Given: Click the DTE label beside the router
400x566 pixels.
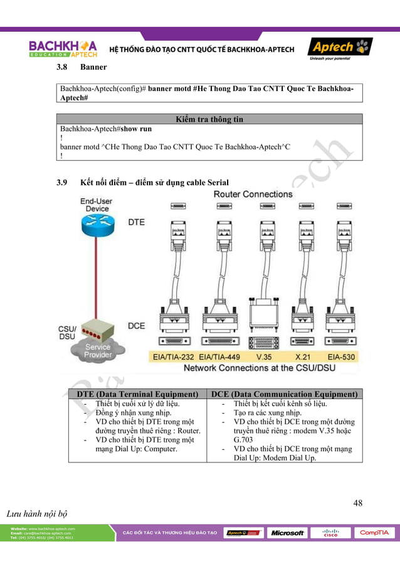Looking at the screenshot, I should click(x=137, y=222).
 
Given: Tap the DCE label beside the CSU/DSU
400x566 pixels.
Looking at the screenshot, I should click(x=137, y=326).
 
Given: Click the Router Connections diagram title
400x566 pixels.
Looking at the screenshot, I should click(x=253, y=194).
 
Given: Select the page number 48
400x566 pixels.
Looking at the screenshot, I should click(x=357, y=503).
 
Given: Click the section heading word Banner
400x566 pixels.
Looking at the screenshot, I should click(x=93, y=67).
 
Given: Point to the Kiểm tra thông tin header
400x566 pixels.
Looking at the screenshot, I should click(x=209, y=119).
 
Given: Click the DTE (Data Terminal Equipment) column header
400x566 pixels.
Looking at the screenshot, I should click(x=137, y=394).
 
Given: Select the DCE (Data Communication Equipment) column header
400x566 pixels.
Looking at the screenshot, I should click(x=285, y=394).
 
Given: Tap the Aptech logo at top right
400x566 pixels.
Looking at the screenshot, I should click(x=339, y=48).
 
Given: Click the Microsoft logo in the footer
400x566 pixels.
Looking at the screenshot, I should click(x=287, y=533).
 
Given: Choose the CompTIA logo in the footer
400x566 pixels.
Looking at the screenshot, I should click(x=374, y=533).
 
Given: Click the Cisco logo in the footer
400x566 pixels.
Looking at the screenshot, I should click(x=330, y=533).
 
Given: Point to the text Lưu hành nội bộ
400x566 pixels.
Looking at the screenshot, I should click(x=36, y=515).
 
